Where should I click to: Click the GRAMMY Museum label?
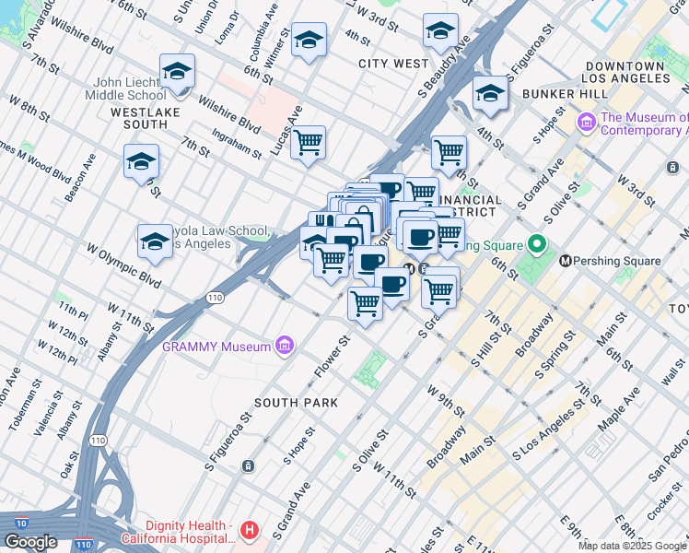pos(216,347)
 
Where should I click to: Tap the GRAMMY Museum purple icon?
pos(286,347)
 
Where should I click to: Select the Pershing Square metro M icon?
pos(565,261)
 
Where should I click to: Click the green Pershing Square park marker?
pos(537,245)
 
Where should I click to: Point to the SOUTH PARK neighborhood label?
pos(296,403)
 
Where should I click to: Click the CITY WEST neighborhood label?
pos(393,64)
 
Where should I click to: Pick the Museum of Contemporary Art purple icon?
pos(586,123)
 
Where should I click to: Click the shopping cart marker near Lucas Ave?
pos(308,142)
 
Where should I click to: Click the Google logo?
pos(30,542)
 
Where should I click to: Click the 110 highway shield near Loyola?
pos(215,298)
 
